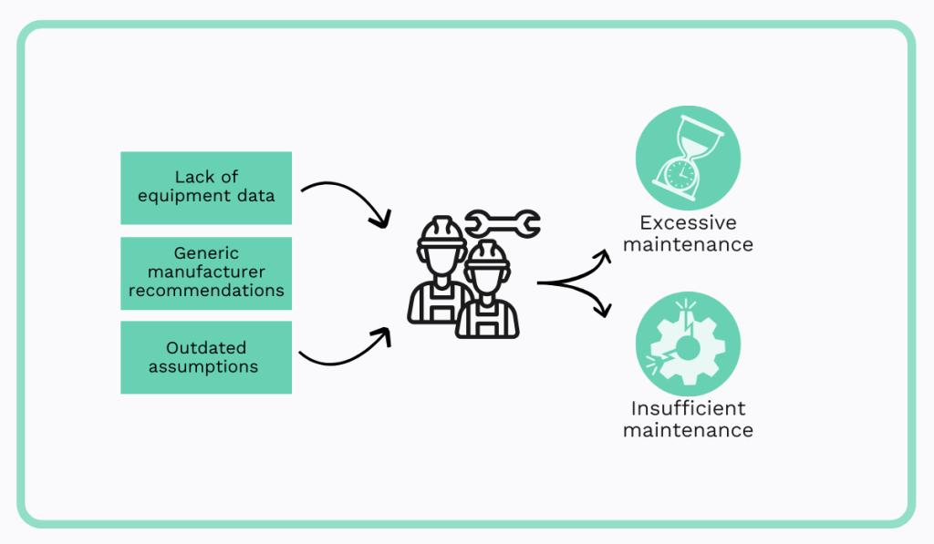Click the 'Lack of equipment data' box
pos(206,187)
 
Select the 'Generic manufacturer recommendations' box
pos(206,272)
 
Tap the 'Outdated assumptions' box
pos(206,357)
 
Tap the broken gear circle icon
pos(687,344)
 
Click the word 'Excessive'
pos(688,223)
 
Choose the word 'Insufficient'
pos(688,408)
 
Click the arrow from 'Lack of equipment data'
pos(347,199)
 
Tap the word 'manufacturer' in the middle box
pos(206,272)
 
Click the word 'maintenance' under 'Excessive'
pos(688,244)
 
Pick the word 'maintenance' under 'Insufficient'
pos(688,429)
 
